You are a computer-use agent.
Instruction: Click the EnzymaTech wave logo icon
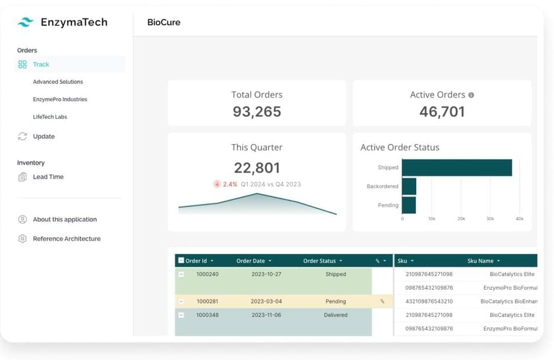coord(25,22)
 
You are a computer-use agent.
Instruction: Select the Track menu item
coord(41,65)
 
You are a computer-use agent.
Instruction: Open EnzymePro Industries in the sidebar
coord(60,100)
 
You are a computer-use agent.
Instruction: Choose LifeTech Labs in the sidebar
coord(50,117)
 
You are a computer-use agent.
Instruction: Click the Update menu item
coord(44,137)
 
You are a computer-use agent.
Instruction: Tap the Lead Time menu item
coord(48,177)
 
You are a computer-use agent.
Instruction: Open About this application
coord(65,219)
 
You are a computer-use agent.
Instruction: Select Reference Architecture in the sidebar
coord(66,238)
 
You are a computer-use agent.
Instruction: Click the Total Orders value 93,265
coord(257,112)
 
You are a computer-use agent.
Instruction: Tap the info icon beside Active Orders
coord(471,95)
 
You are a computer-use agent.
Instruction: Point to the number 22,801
coord(257,168)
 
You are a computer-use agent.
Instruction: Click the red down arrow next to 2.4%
coord(217,184)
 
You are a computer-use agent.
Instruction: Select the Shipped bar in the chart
coord(457,168)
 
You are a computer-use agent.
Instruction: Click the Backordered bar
coord(409,187)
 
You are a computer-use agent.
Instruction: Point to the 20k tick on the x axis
coord(461,219)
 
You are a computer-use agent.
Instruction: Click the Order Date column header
coord(251,261)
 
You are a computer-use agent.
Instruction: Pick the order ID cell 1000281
coord(208,301)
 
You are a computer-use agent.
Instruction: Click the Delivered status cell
coord(336,315)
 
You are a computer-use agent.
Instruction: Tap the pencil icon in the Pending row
coord(382,301)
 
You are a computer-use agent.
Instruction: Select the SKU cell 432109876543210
coord(429,301)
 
